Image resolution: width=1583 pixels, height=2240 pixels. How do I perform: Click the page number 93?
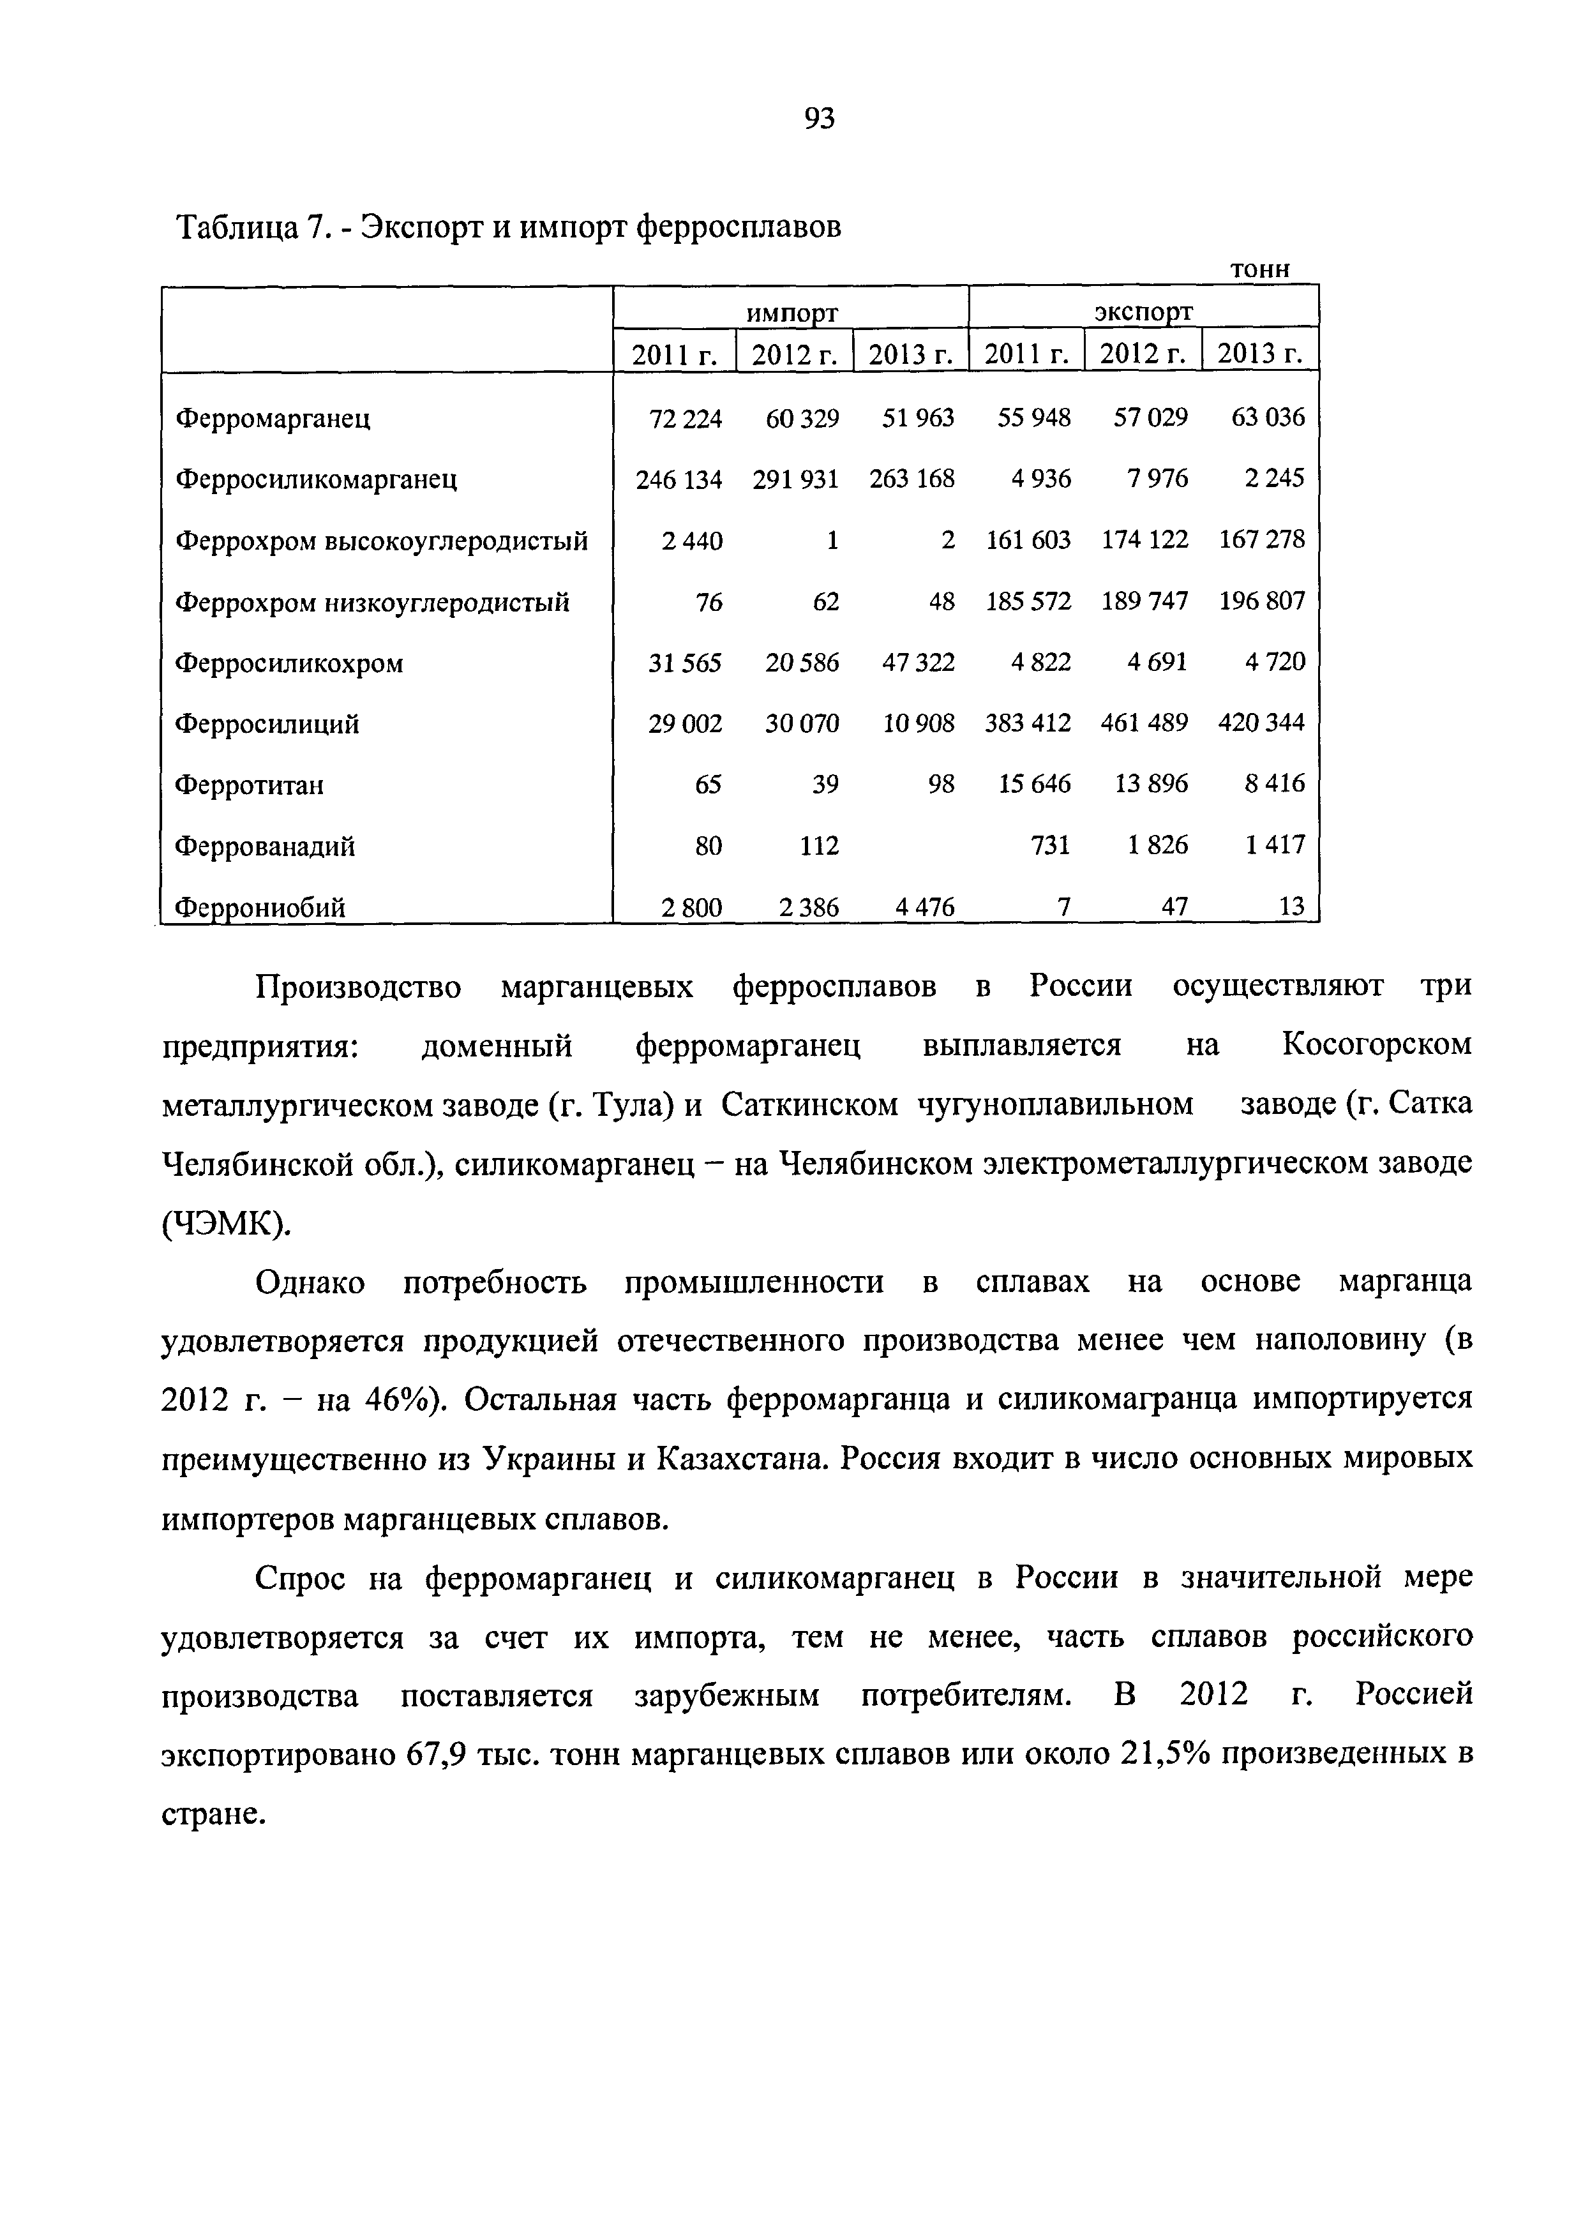point(820,119)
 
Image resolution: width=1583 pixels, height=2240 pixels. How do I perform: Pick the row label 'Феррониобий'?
point(260,908)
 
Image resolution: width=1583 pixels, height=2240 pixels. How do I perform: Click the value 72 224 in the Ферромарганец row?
point(686,419)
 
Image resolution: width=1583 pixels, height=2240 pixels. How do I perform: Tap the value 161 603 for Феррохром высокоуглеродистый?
point(1028,539)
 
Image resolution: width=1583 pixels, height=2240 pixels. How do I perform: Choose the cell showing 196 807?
point(1261,601)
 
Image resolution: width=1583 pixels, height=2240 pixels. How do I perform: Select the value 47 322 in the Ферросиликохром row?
point(918,663)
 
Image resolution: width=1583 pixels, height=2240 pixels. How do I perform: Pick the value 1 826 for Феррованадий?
point(1158,845)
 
